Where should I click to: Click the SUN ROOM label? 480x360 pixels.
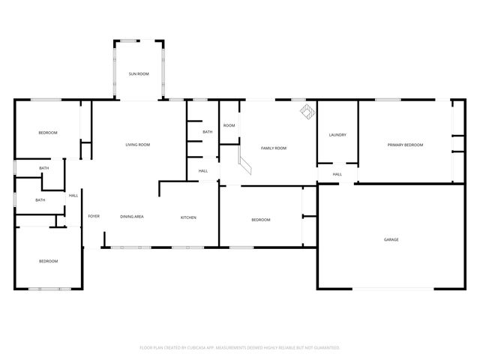pyautogui.click(x=138, y=73)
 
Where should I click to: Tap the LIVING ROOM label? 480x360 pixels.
pyautogui.click(x=138, y=145)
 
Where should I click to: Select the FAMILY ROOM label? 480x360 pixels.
pyautogui.click(x=274, y=148)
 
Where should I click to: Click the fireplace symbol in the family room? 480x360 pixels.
pyautogui.click(x=307, y=111)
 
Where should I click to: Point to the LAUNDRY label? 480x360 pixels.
pyautogui.click(x=337, y=135)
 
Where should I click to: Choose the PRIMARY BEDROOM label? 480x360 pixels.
pyautogui.click(x=405, y=145)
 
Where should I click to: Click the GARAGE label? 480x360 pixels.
pyautogui.click(x=391, y=239)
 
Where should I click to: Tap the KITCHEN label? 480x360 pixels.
pyautogui.click(x=188, y=217)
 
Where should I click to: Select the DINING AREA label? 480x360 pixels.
pyautogui.click(x=132, y=217)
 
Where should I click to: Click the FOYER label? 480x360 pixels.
pyautogui.click(x=94, y=216)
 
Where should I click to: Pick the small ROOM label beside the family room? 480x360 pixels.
pyautogui.click(x=229, y=125)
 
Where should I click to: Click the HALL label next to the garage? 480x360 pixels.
pyautogui.click(x=337, y=174)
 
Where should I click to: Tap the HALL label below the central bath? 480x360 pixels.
pyautogui.click(x=203, y=171)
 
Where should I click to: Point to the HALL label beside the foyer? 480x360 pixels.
pyautogui.click(x=73, y=196)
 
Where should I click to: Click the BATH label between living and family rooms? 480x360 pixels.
pyautogui.click(x=207, y=132)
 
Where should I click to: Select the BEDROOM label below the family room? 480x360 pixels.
pyautogui.click(x=260, y=220)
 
